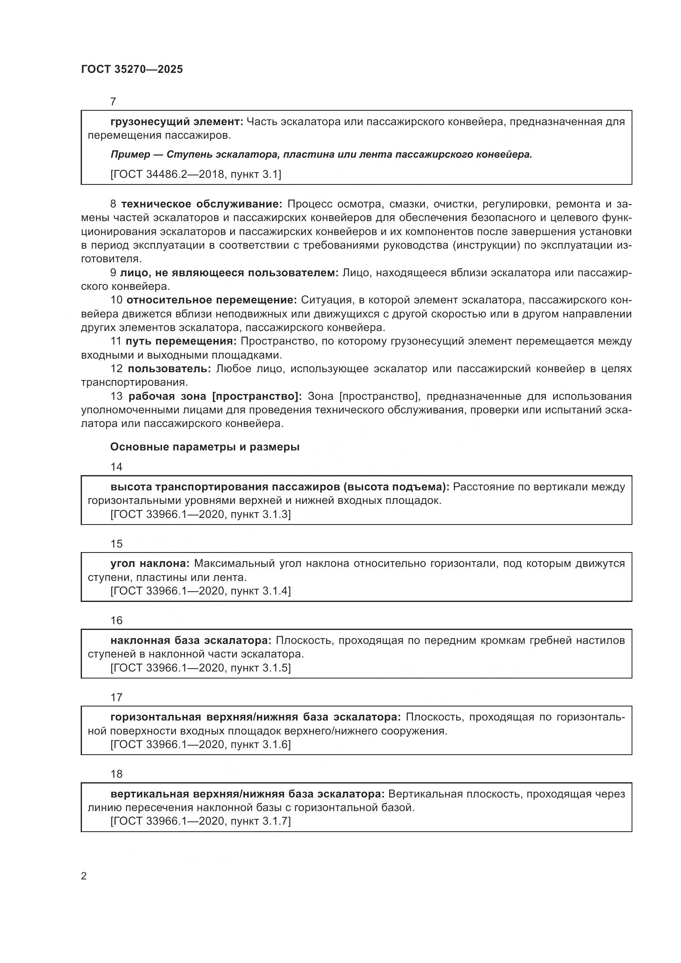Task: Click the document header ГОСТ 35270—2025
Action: pyautogui.click(x=132, y=69)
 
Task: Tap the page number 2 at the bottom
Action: pyautogui.click(x=84, y=876)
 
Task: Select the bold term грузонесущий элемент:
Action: pyautogui.click(x=177, y=121)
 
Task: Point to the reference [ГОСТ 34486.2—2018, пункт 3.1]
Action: pyautogui.click(x=196, y=174)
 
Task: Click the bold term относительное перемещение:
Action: pyautogui.click(x=211, y=300)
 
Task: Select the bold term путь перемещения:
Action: pyautogui.click(x=181, y=341)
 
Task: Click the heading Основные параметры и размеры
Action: pyautogui.click(x=205, y=447)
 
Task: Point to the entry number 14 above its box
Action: pyautogui.click(x=116, y=467)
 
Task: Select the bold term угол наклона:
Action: pyautogui.click(x=150, y=563)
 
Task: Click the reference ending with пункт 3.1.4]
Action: pyautogui.click(x=201, y=590)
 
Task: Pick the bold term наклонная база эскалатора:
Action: pyautogui.click(x=191, y=640)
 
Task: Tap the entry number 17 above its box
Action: pyautogui.click(x=116, y=697)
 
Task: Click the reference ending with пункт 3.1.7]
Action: pyautogui.click(x=201, y=821)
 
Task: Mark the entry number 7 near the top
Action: pyautogui.click(x=113, y=102)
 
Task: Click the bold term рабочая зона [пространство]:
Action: pyautogui.click(x=215, y=396)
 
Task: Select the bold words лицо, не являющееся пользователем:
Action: pyautogui.click(x=229, y=273)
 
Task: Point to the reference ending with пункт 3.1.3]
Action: pyautogui.click(x=201, y=514)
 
